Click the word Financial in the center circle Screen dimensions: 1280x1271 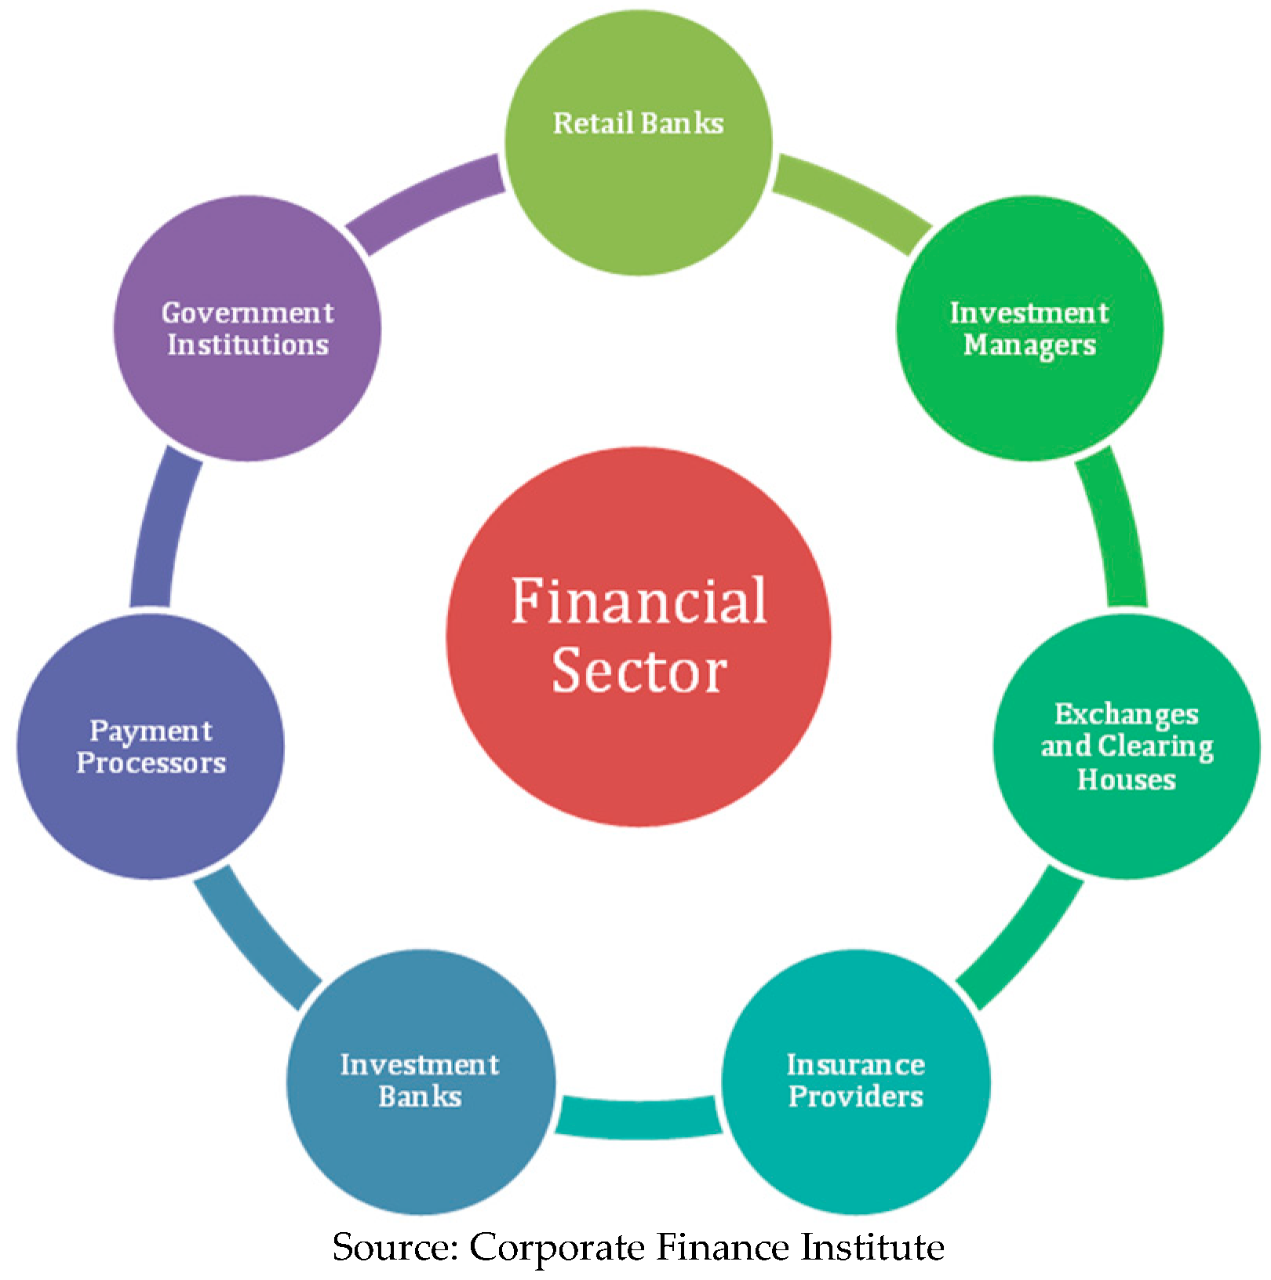pos(639,600)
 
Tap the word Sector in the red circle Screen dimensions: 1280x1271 pos(639,671)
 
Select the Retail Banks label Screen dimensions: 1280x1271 pos(638,123)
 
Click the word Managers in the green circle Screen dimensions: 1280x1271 pos(1029,345)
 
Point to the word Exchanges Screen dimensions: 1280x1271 pos(1126,714)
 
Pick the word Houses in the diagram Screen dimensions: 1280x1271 pos(1126,779)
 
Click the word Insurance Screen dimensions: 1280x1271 pos(855,1064)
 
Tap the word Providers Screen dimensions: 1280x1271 pos(855,1096)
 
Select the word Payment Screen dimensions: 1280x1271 pos(151,731)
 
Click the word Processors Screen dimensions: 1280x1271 pos(151,763)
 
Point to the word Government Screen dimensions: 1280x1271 pos(247,312)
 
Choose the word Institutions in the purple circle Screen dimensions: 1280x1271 pos(247,345)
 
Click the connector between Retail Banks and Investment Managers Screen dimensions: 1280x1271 pos(851,201)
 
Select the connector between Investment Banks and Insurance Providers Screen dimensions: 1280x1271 pos(639,1117)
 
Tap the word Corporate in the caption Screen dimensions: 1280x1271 pos(556,1247)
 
